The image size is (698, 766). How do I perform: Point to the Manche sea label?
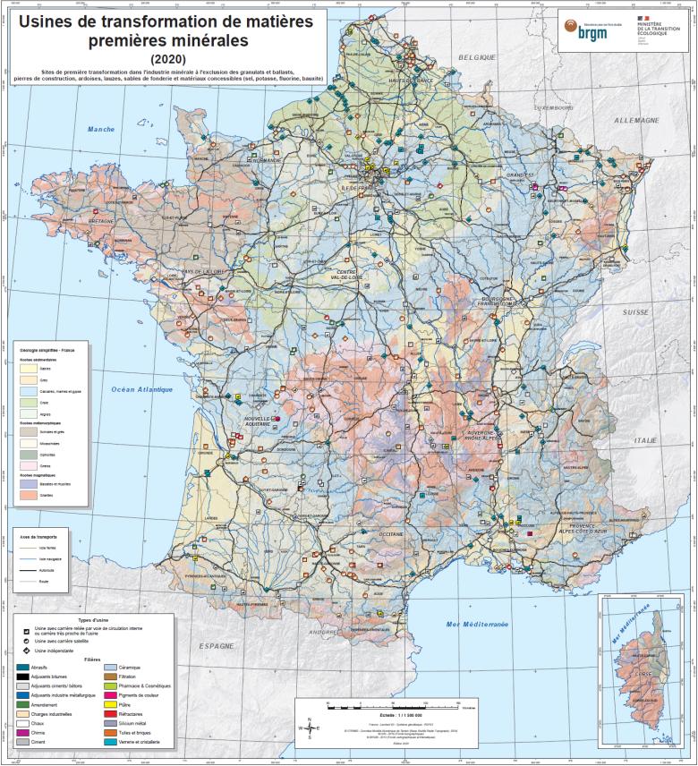(x=101, y=129)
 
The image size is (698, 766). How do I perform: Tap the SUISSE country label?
(x=635, y=312)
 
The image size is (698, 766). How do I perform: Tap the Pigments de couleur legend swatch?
(x=112, y=693)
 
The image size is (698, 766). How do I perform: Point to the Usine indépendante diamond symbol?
(x=26, y=650)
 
